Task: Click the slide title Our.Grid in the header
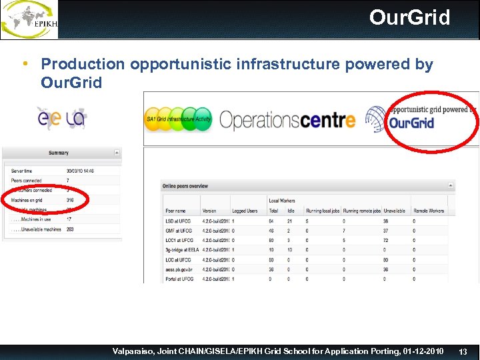point(409,17)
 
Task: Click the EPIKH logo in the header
point(29,19)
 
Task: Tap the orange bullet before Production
point(25,63)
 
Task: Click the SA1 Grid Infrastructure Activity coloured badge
point(178,119)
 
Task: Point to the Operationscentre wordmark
point(287,120)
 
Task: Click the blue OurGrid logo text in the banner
point(411,123)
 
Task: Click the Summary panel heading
point(59,153)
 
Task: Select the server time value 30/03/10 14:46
point(81,171)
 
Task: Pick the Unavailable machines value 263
point(71,229)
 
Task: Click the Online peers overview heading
point(185,186)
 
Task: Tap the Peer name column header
point(175,211)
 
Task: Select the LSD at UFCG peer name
point(179,221)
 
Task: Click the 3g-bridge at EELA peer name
point(182,249)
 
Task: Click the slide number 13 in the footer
point(464,351)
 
